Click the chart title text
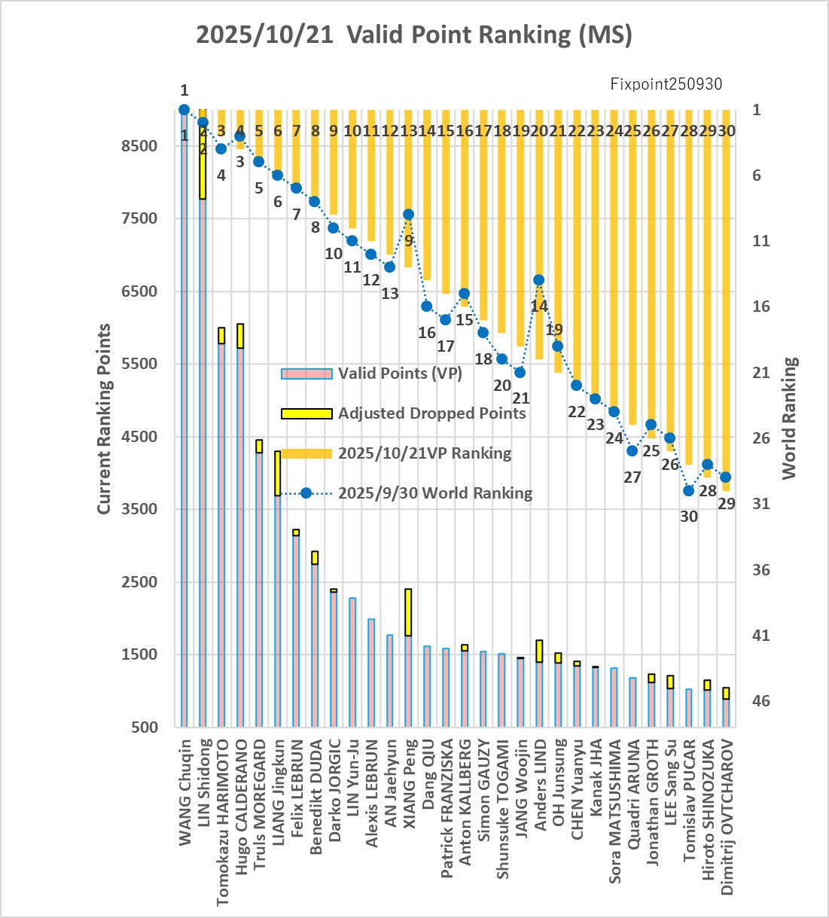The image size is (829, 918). click(414, 35)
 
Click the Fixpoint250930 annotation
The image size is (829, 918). click(666, 84)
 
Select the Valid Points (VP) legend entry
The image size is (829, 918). click(399, 374)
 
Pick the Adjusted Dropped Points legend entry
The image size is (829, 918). click(431, 413)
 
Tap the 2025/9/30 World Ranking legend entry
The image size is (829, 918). click(434, 493)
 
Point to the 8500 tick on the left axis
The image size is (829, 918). click(140, 146)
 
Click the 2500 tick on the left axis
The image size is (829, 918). click(140, 582)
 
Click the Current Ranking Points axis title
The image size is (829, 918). click(105, 419)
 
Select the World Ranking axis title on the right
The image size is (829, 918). click(788, 419)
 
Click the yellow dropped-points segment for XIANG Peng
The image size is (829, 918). click(408, 612)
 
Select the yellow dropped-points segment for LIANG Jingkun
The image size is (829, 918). click(278, 473)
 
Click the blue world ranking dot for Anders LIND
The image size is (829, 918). click(539, 280)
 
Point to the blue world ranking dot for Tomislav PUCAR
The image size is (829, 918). click(688, 491)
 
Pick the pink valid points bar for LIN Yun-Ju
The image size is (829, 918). click(352, 663)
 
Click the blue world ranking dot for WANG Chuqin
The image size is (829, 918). click(184, 110)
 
